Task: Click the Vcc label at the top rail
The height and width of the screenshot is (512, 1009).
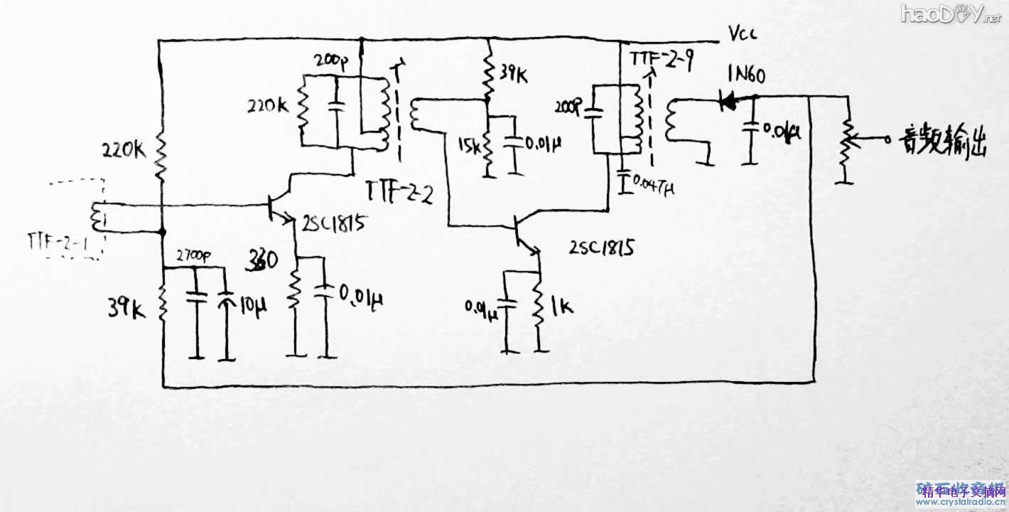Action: pyautogui.click(x=743, y=33)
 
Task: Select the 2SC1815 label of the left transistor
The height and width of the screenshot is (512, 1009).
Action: pyautogui.click(x=335, y=225)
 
